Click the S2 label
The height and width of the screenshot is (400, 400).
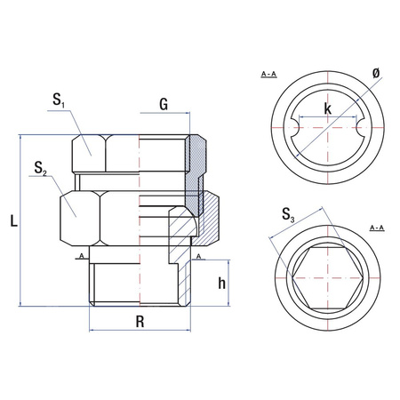(38, 169)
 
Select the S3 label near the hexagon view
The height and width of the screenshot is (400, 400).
(286, 213)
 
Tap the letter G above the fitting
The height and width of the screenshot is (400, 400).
(164, 104)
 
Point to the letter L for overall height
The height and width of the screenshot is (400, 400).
(10, 219)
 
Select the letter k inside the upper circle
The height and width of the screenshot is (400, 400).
(328, 109)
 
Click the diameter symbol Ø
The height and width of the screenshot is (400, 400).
(376, 71)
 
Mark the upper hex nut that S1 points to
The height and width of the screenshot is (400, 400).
(89, 153)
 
